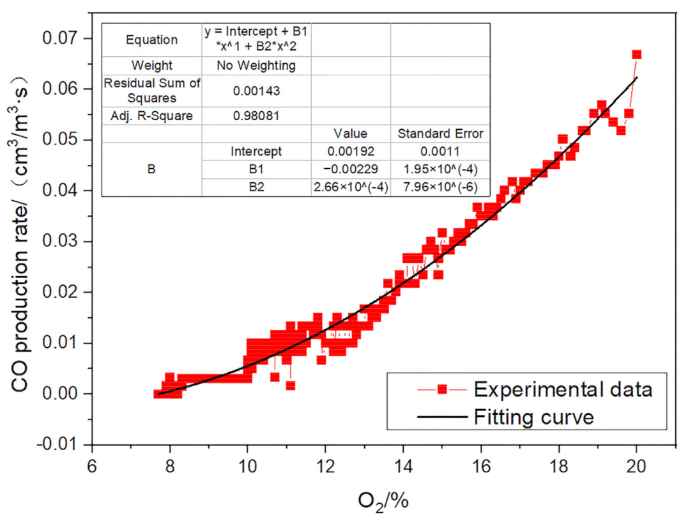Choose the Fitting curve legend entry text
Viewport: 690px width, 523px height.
534,418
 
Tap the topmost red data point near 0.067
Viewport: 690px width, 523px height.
636,55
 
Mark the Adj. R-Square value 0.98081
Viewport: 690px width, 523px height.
256,116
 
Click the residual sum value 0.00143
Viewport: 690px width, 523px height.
256,91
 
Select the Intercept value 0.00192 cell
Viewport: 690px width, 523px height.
351,152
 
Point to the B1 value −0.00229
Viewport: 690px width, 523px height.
351,169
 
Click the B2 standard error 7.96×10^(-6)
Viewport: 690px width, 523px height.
440,187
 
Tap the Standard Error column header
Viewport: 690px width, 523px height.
440,134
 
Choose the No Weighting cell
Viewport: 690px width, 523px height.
256,65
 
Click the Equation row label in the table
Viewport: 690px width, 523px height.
151,40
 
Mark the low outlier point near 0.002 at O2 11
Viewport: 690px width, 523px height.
290,386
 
